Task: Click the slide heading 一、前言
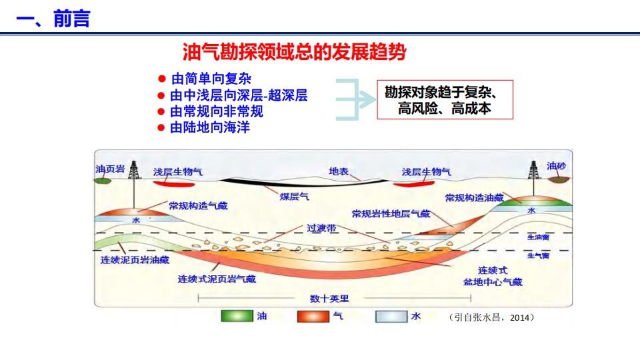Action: click(x=53, y=19)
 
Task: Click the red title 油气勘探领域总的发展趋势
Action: click(x=294, y=52)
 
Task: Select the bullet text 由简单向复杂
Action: click(x=211, y=79)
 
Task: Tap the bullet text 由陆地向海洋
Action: click(x=210, y=127)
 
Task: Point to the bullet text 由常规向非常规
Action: click(x=217, y=111)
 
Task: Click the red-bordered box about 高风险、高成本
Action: click(x=445, y=99)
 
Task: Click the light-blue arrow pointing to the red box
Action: click(x=355, y=99)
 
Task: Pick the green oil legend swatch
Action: click(x=237, y=316)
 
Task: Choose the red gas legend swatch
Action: click(x=313, y=316)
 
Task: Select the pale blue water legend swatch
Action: click(x=391, y=316)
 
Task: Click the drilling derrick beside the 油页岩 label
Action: click(x=134, y=170)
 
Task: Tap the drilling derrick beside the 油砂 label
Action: click(x=533, y=170)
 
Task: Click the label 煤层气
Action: click(x=294, y=197)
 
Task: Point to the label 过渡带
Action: click(x=321, y=228)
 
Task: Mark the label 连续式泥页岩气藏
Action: click(x=217, y=279)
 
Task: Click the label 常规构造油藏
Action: click(x=474, y=198)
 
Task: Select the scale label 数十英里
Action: click(x=329, y=299)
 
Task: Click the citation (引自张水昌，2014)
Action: click(x=491, y=317)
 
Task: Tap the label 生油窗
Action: click(x=539, y=237)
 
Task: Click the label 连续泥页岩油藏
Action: click(x=135, y=260)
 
